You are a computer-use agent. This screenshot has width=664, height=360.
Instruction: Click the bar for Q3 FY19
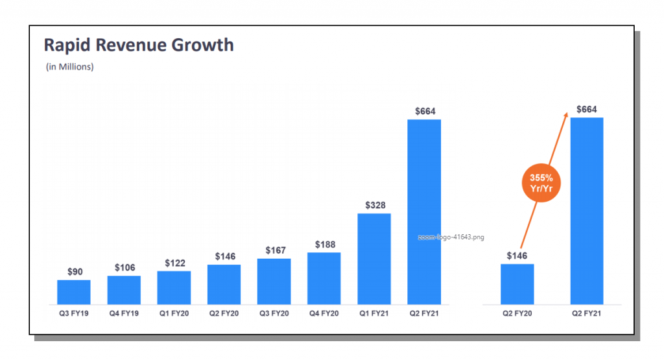[x=73, y=292]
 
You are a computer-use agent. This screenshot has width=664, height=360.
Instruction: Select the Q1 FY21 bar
[x=374, y=259]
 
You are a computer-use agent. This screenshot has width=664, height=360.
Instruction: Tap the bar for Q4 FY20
[x=324, y=278]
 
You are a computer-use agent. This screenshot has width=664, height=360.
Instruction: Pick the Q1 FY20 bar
[x=174, y=287]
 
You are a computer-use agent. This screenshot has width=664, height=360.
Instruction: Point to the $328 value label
[x=374, y=206]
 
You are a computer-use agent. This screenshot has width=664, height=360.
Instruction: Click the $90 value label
[x=75, y=272]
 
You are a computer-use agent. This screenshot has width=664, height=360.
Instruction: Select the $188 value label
[x=325, y=245]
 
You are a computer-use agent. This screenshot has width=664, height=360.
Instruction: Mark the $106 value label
[x=124, y=268]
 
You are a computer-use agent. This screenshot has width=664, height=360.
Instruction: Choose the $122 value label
[x=174, y=263]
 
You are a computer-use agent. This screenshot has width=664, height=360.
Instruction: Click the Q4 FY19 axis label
[x=124, y=313]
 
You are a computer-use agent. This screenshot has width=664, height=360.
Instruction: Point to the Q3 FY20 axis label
[x=274, y=313]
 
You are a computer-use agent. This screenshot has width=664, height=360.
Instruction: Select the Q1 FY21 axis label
[x=374, y=313]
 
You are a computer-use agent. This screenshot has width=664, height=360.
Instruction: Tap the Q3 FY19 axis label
[x=73, y=313]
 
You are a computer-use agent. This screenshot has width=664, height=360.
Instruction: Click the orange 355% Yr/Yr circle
[x=540, y=183]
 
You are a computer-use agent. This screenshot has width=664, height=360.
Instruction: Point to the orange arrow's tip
[x=567, y=113]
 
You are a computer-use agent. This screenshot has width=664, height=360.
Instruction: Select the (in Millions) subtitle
[x=69, y=67]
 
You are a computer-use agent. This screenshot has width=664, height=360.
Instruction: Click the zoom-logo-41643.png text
[x=451, y=237]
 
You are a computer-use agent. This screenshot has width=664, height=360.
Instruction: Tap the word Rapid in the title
[x=64, y=45]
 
